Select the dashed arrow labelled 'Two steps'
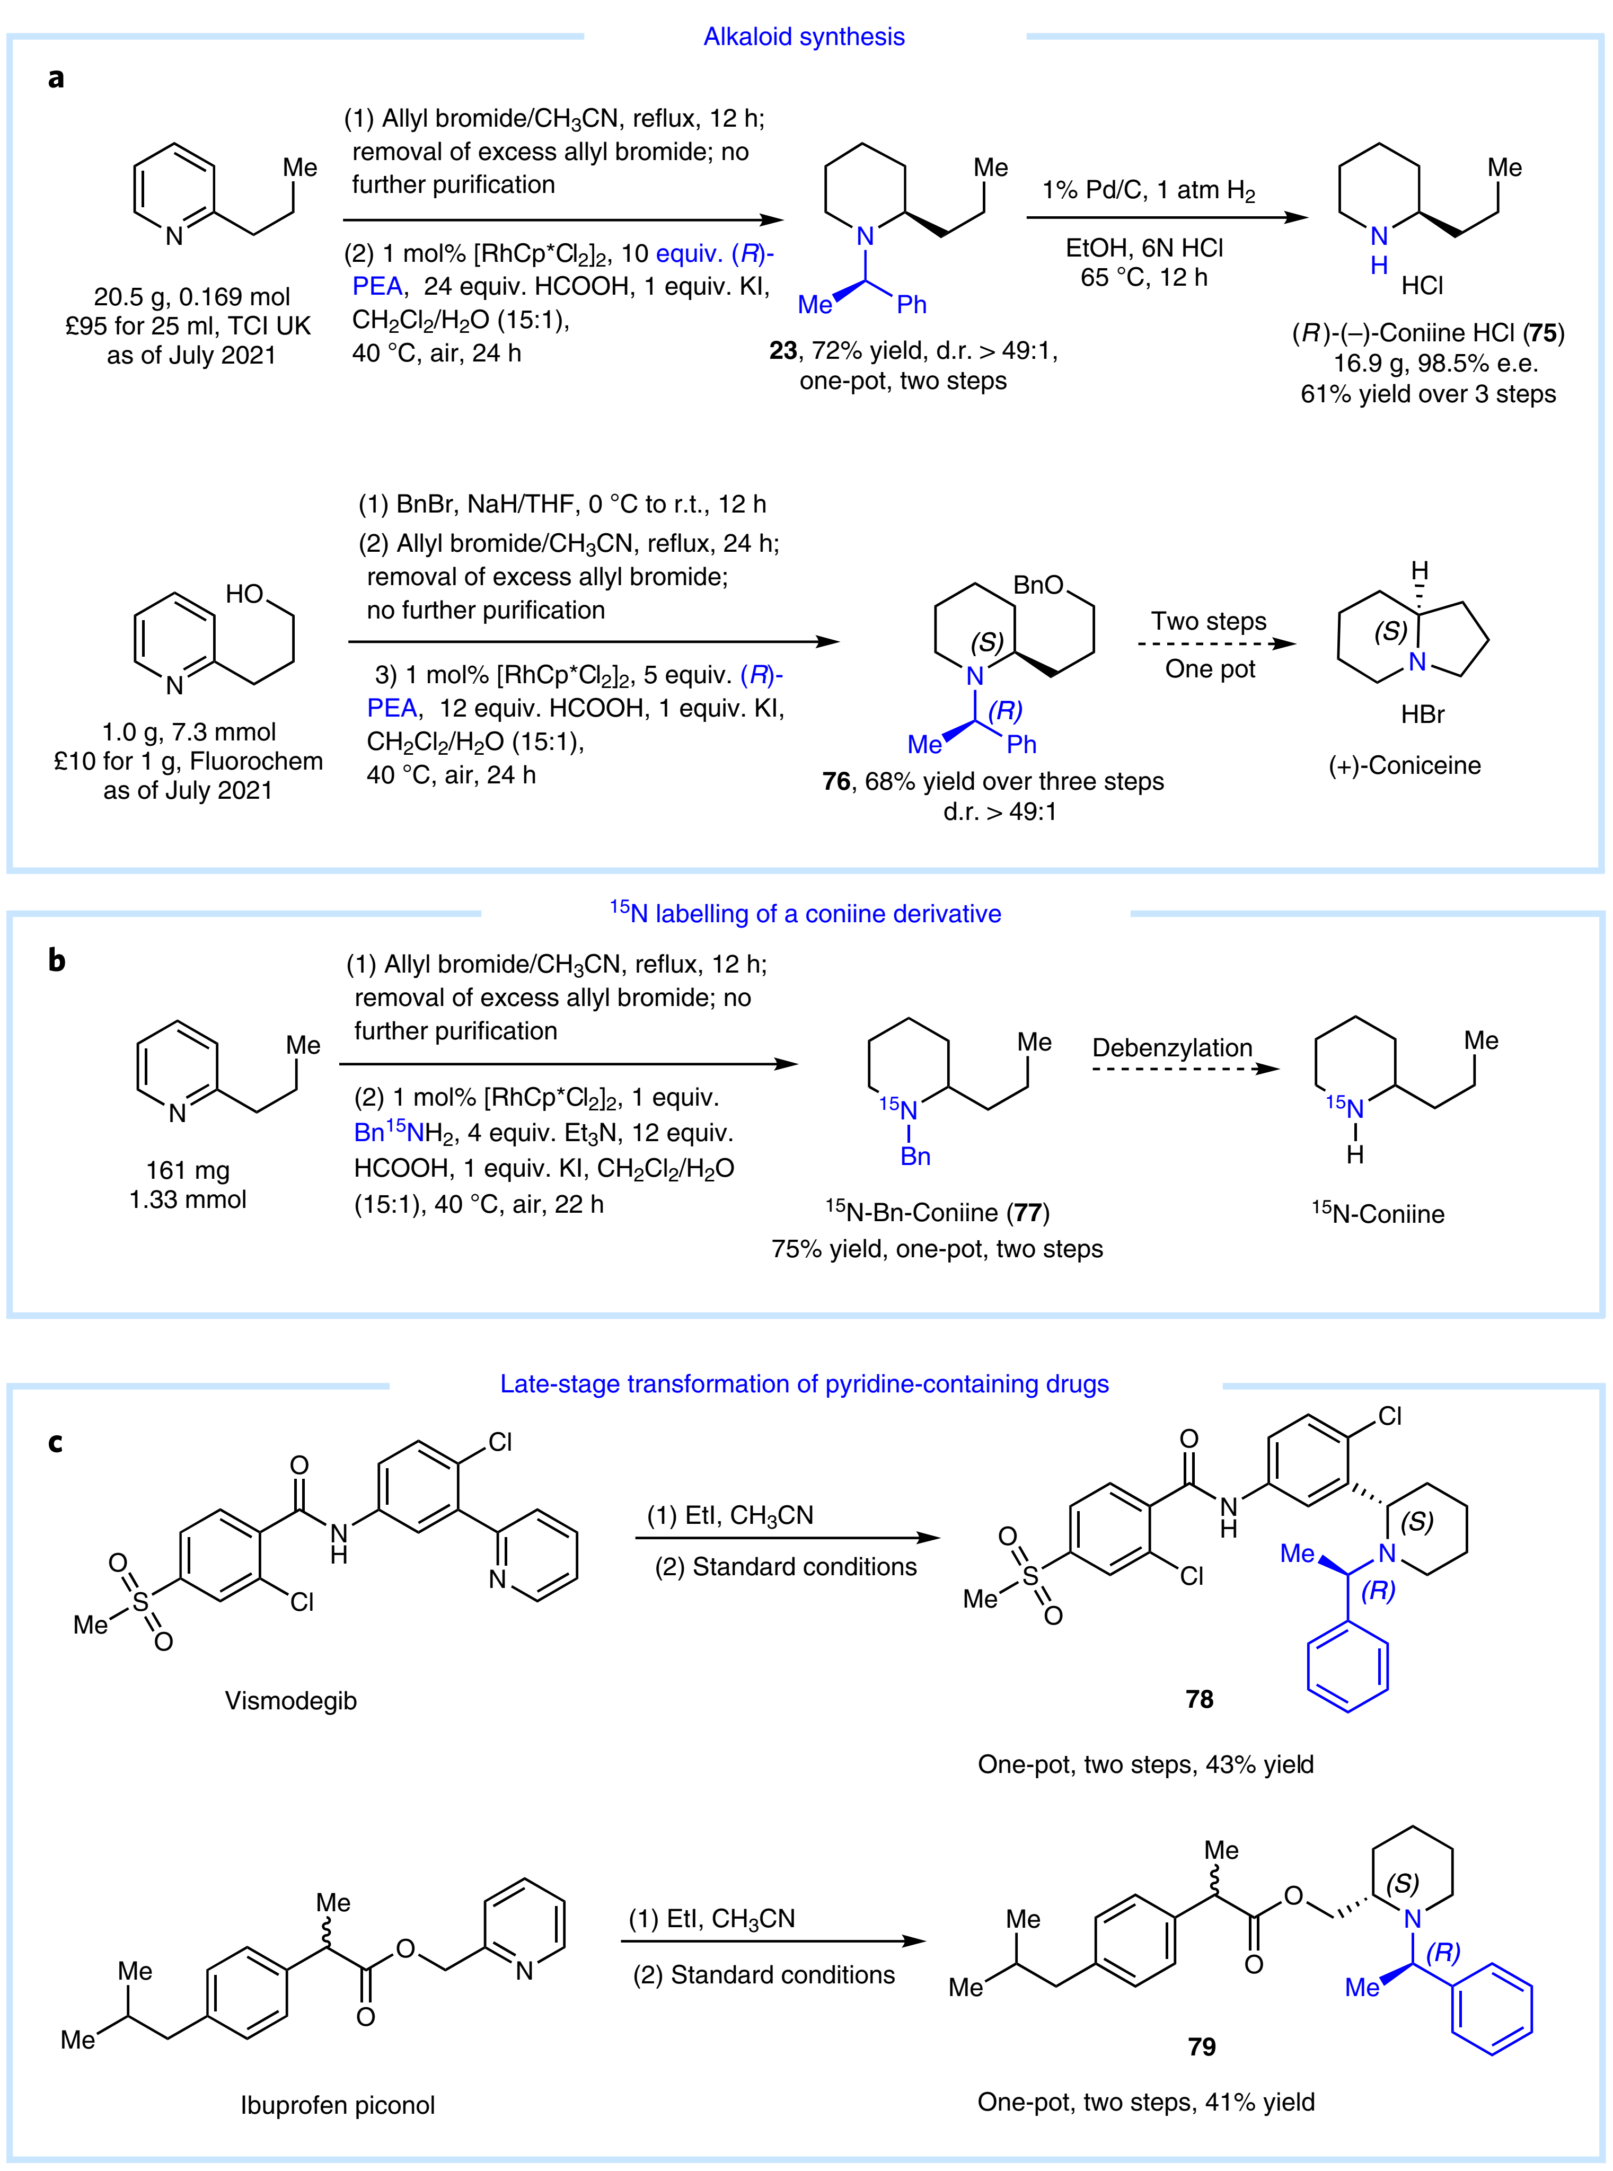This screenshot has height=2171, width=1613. pos(1215,645)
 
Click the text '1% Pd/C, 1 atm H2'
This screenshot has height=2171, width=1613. pos(1148,190)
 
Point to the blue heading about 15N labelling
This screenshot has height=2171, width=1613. pos(806,914)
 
